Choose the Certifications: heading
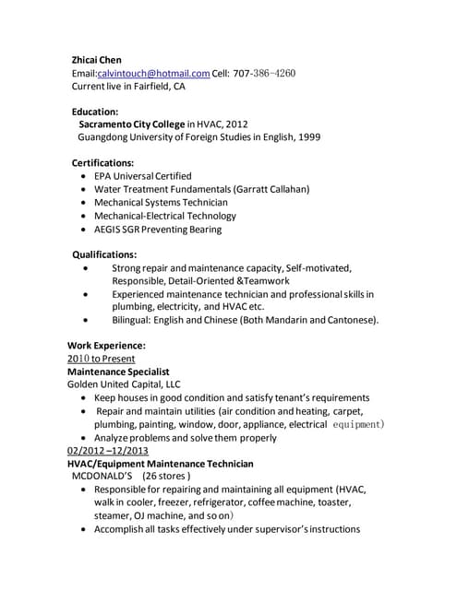110,162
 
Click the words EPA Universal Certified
143,175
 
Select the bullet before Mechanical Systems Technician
86,202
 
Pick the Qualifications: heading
105,254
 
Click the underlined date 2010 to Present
102,358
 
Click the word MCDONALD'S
102,477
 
